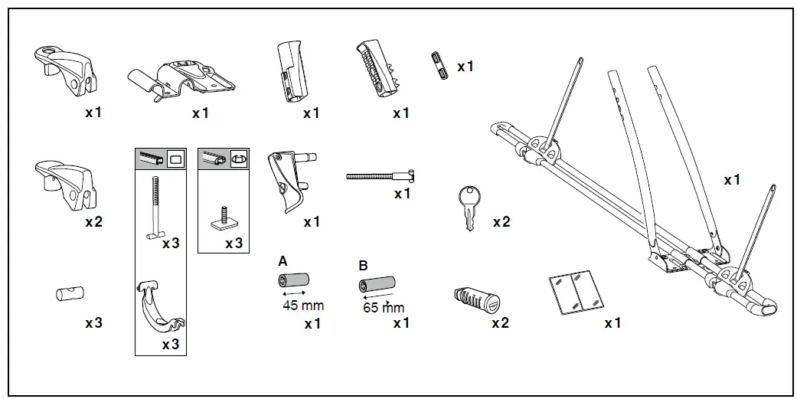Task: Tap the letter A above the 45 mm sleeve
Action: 283,261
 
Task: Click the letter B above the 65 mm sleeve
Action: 364,265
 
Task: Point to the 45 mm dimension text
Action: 302,306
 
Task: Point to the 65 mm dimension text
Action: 383,308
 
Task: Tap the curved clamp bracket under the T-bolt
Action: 160,309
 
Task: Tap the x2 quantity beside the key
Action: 501,222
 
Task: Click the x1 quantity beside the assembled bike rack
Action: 732,180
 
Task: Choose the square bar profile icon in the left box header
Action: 175,159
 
